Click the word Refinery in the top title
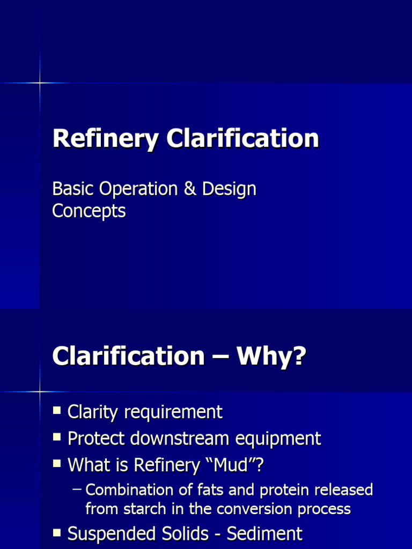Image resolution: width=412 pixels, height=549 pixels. tap(105, 139)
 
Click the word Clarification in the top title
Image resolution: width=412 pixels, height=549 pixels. tap(242, 139)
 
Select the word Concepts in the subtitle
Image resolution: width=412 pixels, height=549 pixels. tap(89, 211)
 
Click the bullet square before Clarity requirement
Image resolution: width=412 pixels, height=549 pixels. tap(57, 411)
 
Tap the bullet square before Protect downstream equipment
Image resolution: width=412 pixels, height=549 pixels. tap(57, 437)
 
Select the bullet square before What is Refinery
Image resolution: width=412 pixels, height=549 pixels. tap(57, 464)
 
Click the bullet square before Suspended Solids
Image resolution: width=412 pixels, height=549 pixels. tap(57, 533)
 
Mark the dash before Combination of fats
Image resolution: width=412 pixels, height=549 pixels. tap(77, 489)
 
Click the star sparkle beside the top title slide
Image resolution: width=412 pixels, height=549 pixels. tap(40, 83)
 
